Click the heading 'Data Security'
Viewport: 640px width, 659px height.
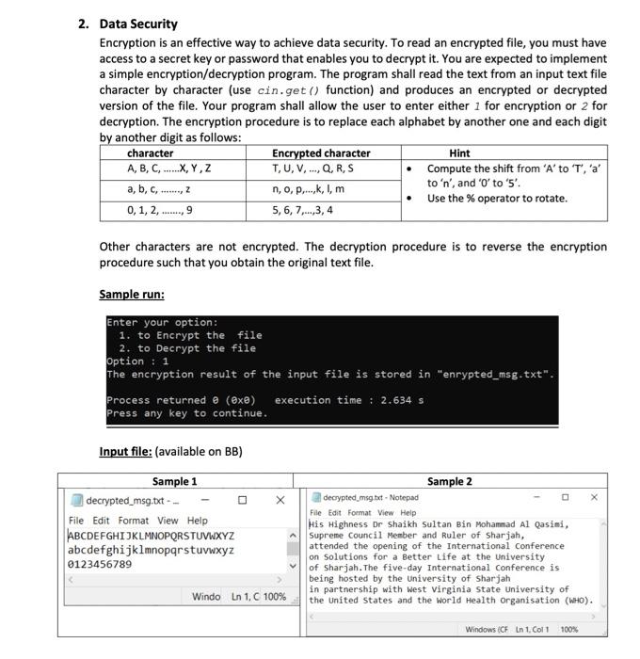click(x=138, y=24)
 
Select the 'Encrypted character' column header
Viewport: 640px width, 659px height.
click(x=321, y=153)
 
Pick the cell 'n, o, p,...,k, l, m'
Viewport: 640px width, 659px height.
click(x=308, y=189)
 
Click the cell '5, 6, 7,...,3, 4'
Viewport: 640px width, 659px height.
click(x=302, y=210)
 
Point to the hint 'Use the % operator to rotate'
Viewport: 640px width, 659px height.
click(x=497, y=199)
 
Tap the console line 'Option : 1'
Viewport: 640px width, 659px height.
click(x=137, y=362)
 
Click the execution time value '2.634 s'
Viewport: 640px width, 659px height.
click(x=399, y=400)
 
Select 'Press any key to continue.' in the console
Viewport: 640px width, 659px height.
click(x=186, y=413)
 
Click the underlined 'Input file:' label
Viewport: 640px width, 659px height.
click(x=125, y=451)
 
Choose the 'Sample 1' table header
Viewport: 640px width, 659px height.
click(x=175, y=481)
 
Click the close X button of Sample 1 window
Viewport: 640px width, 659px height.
click(x=280, y=500)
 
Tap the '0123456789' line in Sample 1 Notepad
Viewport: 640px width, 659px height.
click(x=101, y=564)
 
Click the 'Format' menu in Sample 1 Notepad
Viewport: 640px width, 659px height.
click(x=134, y=521)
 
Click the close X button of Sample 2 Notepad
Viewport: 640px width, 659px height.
click(x=593, y=496)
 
